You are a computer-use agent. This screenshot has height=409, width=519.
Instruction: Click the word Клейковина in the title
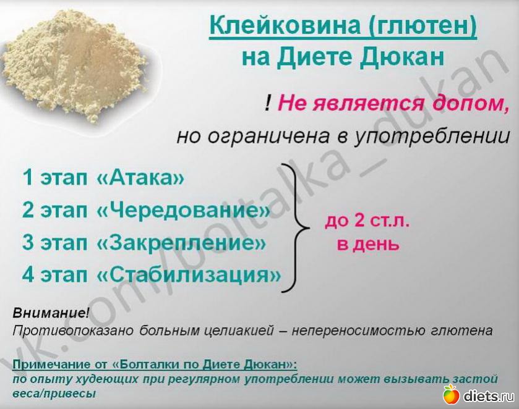pos(285,25)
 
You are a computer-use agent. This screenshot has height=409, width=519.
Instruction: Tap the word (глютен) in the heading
pos(422,26)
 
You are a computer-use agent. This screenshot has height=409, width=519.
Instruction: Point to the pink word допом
pos(470,103)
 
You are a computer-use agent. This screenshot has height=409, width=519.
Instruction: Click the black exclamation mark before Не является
pos(268,103)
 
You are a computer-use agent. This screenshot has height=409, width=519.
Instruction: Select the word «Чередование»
pos(183,210)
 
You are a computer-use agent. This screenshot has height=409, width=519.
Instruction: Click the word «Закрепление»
pos(181,242)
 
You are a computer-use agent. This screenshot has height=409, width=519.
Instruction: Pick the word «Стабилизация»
pos(188,274)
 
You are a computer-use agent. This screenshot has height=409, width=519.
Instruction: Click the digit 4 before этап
pos(28,274)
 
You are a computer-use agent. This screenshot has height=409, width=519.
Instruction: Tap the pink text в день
pos(368,245)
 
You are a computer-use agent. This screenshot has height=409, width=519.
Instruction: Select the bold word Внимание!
pos(50,313)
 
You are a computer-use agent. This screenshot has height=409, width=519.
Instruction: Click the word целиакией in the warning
pos(239,331)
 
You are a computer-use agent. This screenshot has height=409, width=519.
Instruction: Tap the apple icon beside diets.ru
pos(452,394)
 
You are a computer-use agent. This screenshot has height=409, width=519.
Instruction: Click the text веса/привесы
pos(54,394)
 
